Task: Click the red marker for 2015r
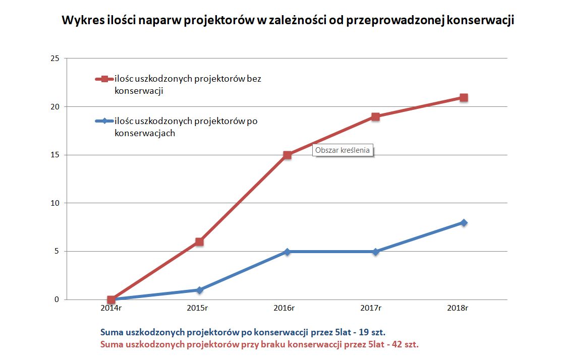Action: [x=199, y=242]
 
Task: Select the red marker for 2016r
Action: [x=288, y=155]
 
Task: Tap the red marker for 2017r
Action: [x=376, y=116]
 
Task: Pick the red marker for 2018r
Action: [x=464, y=97]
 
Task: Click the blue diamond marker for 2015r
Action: [x=199, y=290]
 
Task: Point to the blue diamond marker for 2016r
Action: [x=288, y=252]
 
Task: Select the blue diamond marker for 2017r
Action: [x=376, y=252]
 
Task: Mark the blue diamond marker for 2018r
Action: [x=464, y=222]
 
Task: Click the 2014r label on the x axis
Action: [x=111, y=308]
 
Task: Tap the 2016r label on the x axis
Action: [x=288, y=308]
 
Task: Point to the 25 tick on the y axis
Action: [x=55, y=58]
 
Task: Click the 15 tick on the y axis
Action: [x=55, y=155]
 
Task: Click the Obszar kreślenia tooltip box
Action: [x=343, y=150]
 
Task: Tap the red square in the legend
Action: [x=104, y=79]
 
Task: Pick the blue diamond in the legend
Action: [x=104, y=121]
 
